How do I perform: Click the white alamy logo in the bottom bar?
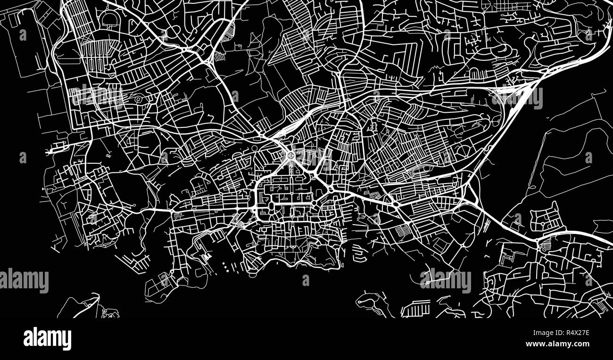click(x=47, y=339)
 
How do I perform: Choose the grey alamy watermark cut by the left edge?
click(x=24, y=280)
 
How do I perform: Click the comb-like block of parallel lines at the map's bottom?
click(x=415, y=309)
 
